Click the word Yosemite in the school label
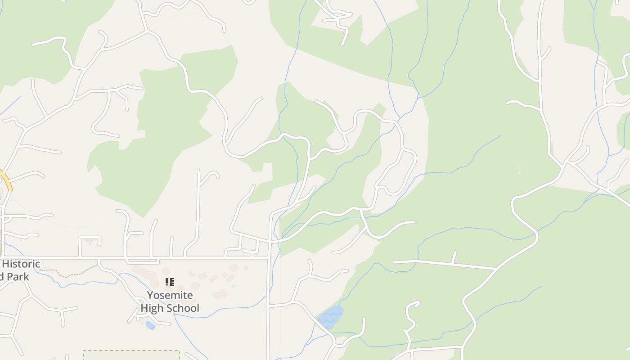click(170, 296)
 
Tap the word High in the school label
click(152, 308)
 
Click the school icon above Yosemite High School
click(170, 282)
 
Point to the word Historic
click(21, 264)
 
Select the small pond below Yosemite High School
click(150, 325)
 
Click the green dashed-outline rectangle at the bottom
click(131, 355)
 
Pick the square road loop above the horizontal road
click(90, 237)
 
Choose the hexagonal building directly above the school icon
click(166, 271)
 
